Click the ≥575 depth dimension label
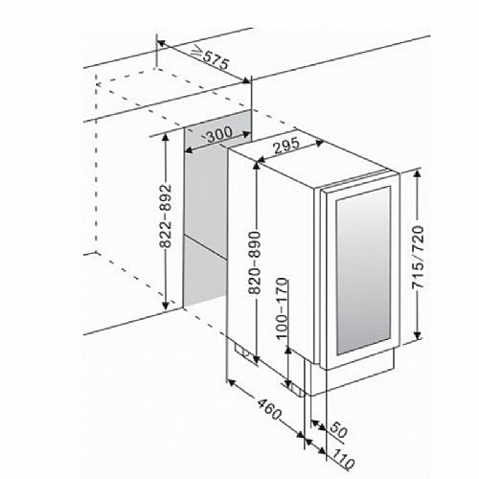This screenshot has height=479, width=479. tap(211, 57)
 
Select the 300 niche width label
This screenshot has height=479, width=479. tap(218, 134)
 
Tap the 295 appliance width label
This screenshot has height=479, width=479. tap(286, 146)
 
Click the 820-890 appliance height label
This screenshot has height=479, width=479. tap(256, 262)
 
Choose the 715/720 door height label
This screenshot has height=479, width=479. tap(418, 257)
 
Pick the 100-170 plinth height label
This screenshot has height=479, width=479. tap(282, 308)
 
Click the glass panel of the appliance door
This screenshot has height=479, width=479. tap(363, 270)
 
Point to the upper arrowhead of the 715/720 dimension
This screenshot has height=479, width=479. tap(418, 173)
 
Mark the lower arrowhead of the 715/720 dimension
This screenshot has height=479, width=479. tap(418, 335)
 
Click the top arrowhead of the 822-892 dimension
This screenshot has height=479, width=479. tap(166, 138)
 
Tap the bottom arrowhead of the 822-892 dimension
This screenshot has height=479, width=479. tap(166, 305)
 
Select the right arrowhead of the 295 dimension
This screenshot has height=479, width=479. tap(320, 143)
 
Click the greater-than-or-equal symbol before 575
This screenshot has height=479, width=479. tap(197, 53)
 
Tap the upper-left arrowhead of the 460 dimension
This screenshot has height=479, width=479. tap(231, 382)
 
